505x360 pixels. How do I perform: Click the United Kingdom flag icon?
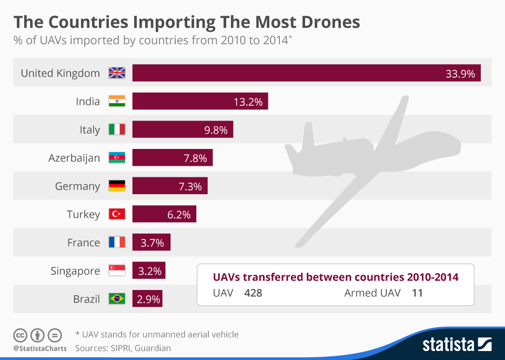(117, 73)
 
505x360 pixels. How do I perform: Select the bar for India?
(200, 102)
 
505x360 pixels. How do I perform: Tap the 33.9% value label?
(460, 74)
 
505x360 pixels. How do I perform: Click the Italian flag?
(117, 129)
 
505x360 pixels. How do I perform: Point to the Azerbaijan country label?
(74, 158)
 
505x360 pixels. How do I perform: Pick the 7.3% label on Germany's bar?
(190, 186)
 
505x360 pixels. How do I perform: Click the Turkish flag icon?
(117, 214)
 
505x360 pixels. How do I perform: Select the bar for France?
(151, 243)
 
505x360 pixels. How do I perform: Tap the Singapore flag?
(117, 271)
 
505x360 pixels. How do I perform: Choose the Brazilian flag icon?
(117, 299)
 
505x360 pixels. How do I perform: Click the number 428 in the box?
(253, 293)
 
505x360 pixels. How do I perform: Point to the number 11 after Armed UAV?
(417, 293)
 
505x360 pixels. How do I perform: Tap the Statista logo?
(457, 345)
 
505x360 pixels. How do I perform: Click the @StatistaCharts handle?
(40, 348)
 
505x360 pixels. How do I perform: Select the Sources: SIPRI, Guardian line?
(123, 348)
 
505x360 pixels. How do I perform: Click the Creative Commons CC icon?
(21, 335)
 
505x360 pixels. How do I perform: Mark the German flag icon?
(117, 186)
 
